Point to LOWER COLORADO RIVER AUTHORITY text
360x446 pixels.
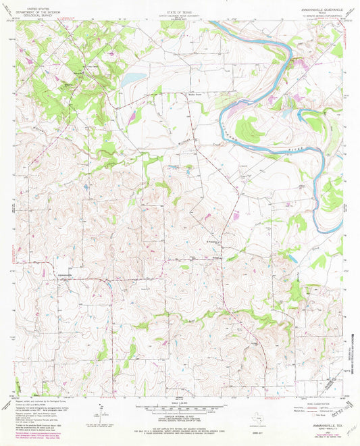pyautogui.click(x=179, y=9)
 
